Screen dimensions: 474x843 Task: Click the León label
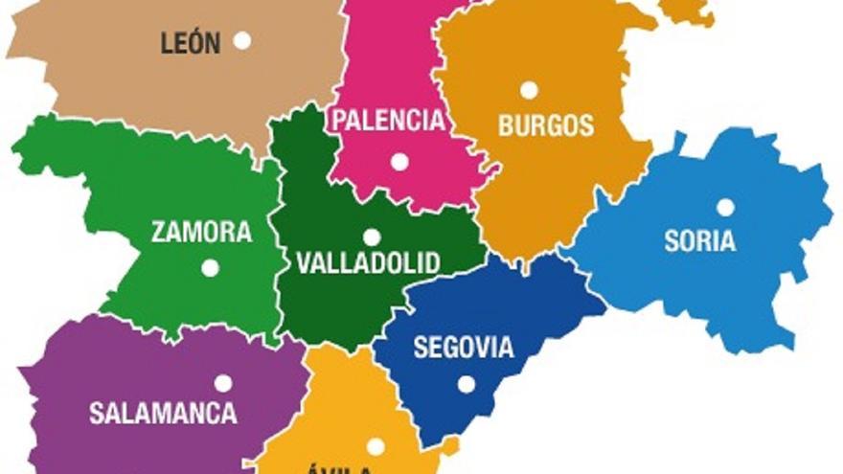[x=191, y=43]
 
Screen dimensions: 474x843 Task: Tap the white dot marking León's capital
[x=242, y=40]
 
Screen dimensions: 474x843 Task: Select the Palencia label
[x=388, y=121]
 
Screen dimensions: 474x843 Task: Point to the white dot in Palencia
[x=399, y=162]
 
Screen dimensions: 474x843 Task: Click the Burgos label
[x=546, y=125]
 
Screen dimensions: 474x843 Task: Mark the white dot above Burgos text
[x=529, y=90]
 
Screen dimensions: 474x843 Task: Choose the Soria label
[x=700, y=240]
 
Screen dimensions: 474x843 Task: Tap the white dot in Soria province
[x=725, y=207]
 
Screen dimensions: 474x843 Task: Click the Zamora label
[x=202, y=232]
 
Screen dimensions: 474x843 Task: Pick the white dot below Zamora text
[x=210, y=268]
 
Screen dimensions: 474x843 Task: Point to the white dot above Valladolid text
[x=372, y=237]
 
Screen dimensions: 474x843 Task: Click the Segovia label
[x=464, y=348]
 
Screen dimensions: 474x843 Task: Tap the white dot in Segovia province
[x=467, y=384]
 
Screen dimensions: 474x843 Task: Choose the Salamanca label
[x=163, y=414]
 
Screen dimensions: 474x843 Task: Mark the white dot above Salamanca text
[x=223, y=383]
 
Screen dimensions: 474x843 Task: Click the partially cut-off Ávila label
[x=342, y=468]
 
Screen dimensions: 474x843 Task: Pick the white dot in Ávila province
[x=376, y=446]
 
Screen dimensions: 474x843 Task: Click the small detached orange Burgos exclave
[x=688, y=11]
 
